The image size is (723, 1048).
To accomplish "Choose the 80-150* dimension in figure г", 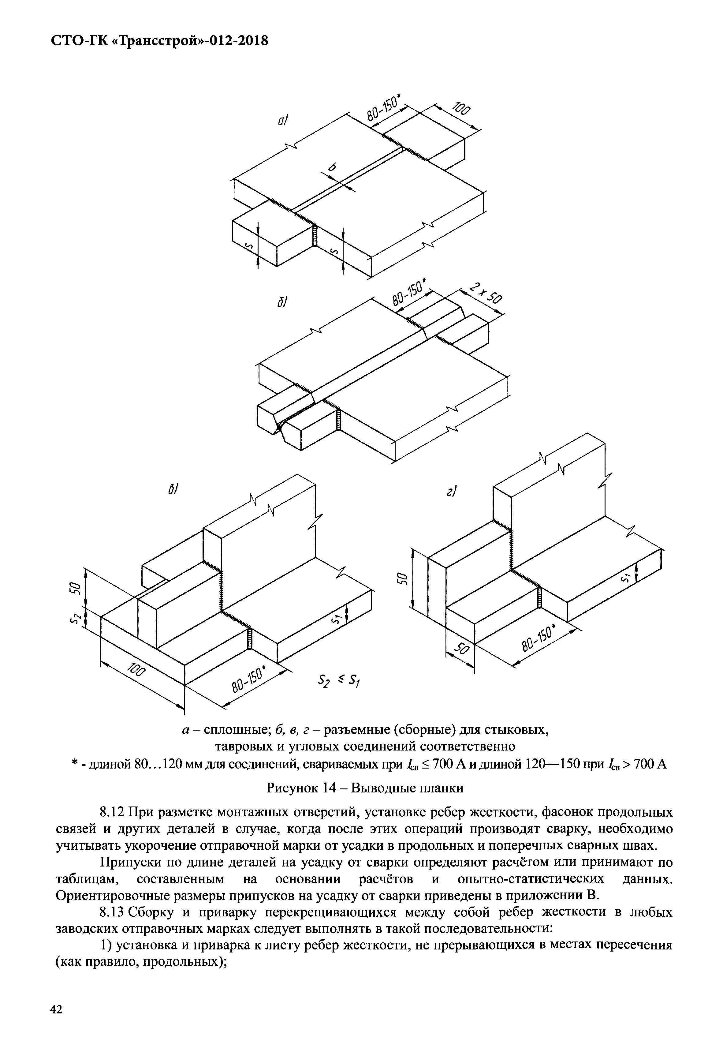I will click(539, 640).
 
